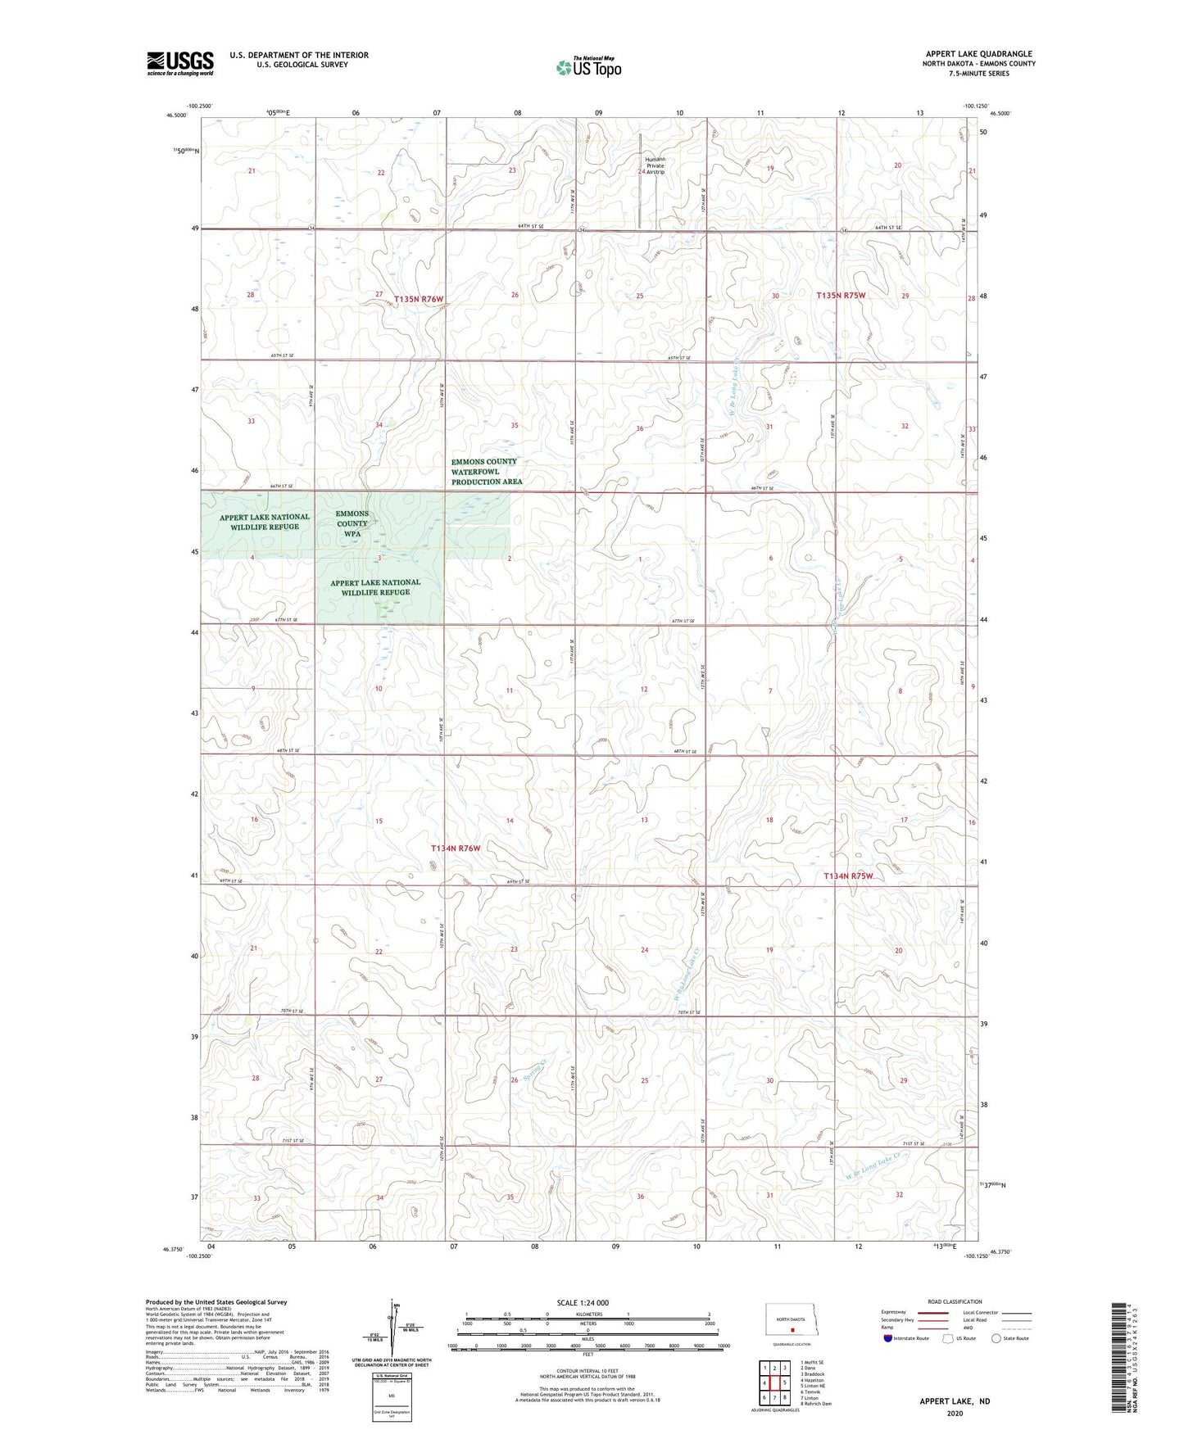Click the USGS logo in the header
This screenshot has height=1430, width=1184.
pyautogui.click(x=179, y=63)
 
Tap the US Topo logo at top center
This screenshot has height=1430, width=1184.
pyautogui.click(x=588, y=66)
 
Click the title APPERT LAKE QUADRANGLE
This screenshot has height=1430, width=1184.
pyautogui.click(x=978, y=53)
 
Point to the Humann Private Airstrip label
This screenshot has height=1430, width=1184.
pyautogui.click(x=656, y=165)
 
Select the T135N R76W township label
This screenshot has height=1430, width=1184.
pyautogui.click(x=418, y=299)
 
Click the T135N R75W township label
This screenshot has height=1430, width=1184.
pyautogui.click(x=841, y=295)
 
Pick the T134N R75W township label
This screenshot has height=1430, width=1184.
pyautogui.click(x=848, y=876)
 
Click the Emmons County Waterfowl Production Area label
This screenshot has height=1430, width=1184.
pyautogui.click(x=485, y=472)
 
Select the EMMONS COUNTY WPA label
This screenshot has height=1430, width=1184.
pyautogui.click(x=352, y=523)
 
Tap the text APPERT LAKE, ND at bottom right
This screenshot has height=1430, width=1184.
pyautogui.click(x=955, y=1401)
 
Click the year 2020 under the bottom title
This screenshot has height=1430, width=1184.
pyautogui.click(x=955, y=1414)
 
